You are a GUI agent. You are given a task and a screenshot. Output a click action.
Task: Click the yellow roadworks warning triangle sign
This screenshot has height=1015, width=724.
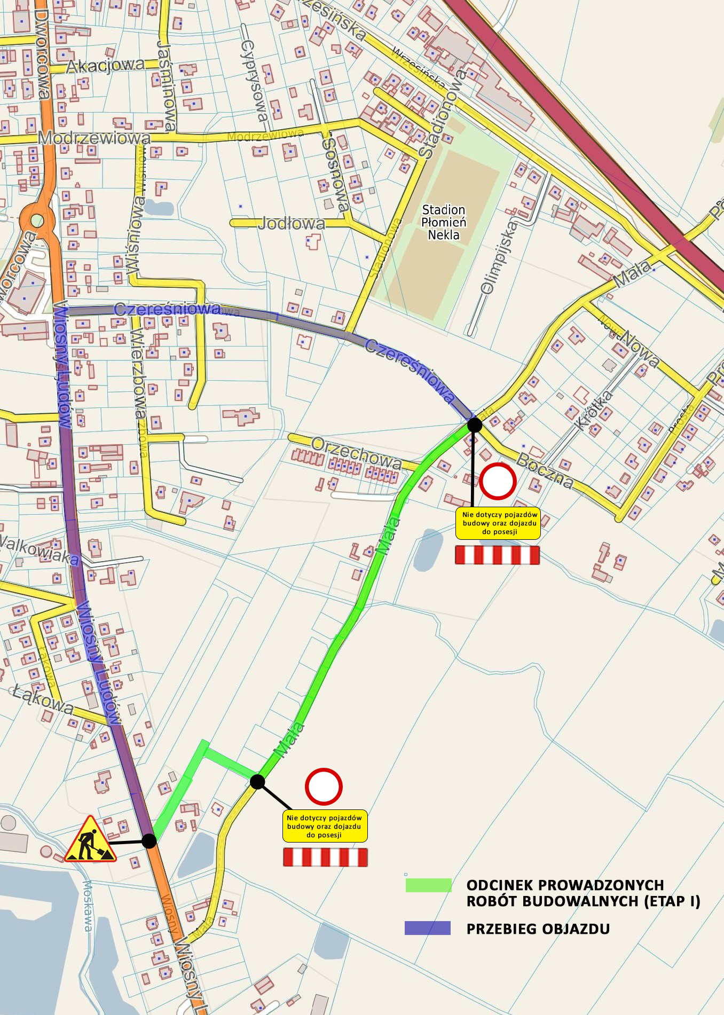pos(90,840)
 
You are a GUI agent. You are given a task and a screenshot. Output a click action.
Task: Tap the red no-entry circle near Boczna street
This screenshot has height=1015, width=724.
pos(497,481)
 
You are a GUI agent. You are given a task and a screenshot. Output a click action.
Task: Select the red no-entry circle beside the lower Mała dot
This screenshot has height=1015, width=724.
pos(324,786)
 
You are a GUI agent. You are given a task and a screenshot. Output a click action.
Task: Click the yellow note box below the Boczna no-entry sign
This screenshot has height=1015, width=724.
pos(498,523)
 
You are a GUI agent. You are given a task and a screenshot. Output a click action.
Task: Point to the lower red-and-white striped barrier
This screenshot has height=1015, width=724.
pos(325,857)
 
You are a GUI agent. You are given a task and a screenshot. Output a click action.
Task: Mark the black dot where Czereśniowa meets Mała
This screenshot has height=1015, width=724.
pos(474,425)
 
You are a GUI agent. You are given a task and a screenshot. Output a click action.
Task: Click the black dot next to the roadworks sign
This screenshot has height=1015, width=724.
pos(149,841)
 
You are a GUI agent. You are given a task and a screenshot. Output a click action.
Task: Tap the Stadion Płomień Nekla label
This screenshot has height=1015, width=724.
pos(444,222)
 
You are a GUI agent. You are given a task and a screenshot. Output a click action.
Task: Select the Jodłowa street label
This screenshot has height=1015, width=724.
pos(292,223)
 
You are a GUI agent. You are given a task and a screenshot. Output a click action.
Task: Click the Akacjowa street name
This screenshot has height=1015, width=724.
pos(105,66)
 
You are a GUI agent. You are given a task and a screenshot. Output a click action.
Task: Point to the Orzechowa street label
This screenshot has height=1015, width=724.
pos(356,453)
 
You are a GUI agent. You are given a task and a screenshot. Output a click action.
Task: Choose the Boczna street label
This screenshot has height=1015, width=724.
pos(545,470)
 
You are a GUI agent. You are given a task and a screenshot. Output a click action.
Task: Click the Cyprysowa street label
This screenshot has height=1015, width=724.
pos(254,80)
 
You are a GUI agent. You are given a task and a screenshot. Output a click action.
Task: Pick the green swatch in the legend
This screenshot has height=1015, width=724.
pos(428,885)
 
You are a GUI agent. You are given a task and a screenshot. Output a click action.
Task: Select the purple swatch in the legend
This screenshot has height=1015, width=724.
pos(428,929)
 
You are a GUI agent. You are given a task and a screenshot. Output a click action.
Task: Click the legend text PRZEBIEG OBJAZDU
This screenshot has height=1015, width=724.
pos(538,929)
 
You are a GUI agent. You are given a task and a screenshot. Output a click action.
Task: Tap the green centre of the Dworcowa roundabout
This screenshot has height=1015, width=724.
pos(37,220)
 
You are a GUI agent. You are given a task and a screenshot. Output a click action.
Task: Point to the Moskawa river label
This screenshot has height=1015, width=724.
pos(88,906)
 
